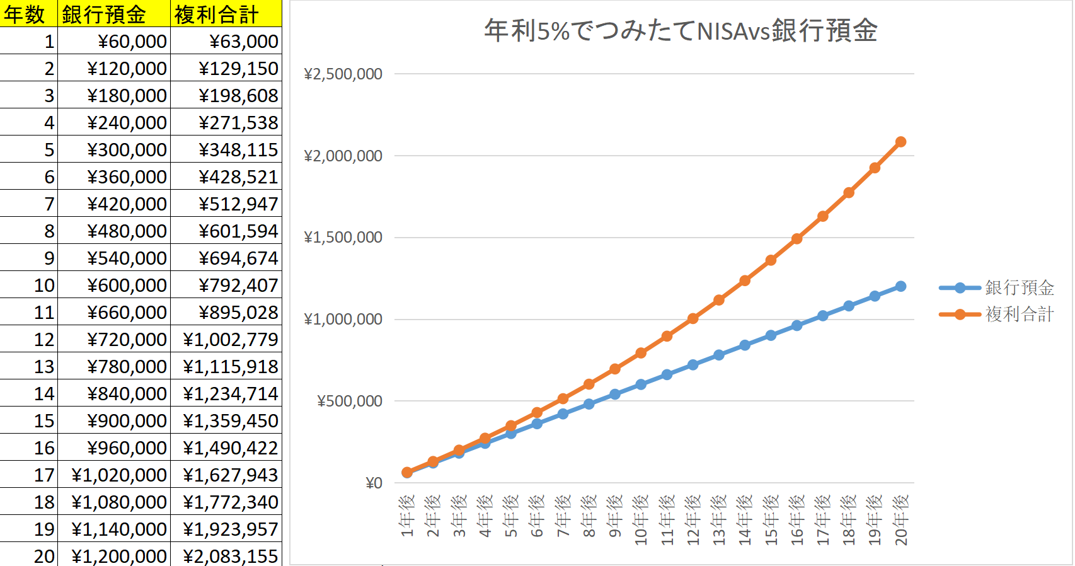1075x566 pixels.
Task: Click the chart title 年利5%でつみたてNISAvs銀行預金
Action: pos(681,31)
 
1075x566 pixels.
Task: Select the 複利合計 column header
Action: pos(225,14)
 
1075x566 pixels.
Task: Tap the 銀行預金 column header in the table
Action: pos(113,14)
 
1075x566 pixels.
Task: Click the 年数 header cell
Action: pos(28,14)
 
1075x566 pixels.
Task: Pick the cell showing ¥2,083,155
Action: pos(230,556)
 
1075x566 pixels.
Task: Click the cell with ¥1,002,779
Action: pos(230,339)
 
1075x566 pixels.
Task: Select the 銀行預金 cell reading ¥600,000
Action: pos(127,285)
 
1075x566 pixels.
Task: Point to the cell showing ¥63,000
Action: pos(243,41)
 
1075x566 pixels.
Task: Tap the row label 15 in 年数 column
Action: pos(44,420)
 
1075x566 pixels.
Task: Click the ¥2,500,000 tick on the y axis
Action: pos(343,74)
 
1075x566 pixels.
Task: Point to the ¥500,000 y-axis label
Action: pos(349,401)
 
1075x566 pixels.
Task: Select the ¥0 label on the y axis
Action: pos(374,483)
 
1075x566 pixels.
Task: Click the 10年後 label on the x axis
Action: pos(641,520)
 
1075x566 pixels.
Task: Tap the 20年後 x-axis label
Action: pos(901,520)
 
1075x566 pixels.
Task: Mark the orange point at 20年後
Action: pos(900,142)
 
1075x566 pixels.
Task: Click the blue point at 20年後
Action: pos(900,286)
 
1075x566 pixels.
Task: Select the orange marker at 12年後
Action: pos(693,318)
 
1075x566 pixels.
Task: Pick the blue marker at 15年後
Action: pos(771,335)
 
